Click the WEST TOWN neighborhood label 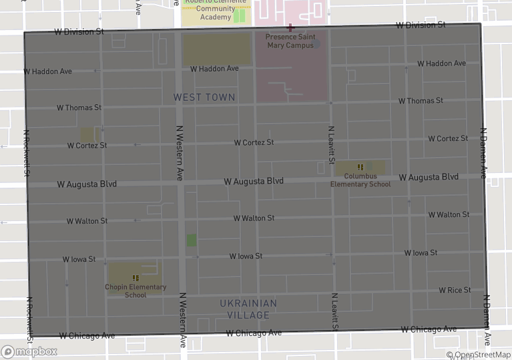click(204, 98)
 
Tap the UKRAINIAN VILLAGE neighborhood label click(248, 309)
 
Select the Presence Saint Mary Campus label click(290, 41)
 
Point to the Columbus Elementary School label click(360, 180)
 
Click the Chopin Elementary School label click(136, 291)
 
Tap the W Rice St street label click(455, 290)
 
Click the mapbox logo click(29, 351)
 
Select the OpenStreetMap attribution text click(479, 355)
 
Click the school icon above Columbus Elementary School click(360, 167)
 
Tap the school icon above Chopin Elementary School click(136, 277)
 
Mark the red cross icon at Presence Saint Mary click(290, 27)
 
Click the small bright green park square click(192, 240)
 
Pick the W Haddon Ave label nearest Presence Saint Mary click(214, 69)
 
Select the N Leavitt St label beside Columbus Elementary click(330, 145)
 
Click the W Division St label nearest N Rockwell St click(79, 31)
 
